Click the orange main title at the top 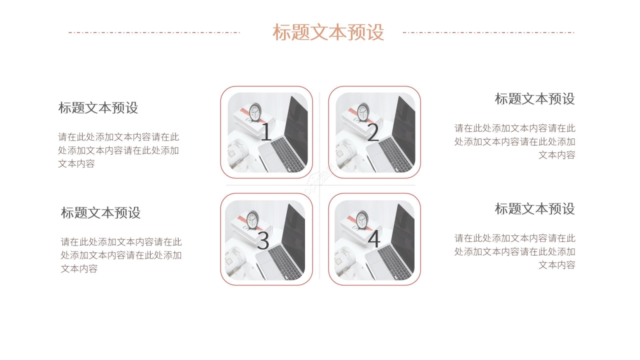pyautogui.click(x=328, y=32)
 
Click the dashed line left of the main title pyautogui.click(x=154, y=32)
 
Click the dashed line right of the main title pyautogui.click(x=488, y=32)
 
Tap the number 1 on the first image pyautogui.click(x=266, y=132)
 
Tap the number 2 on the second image pyautogui.click(x=373, y=132)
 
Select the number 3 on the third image pyautogui.click(x=263, y=240)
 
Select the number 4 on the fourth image pyautogui.click(x=374, y=239)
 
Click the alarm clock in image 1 pyautogui.click(x=255, y=112)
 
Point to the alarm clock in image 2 pyautogui.click(x=363, y=112)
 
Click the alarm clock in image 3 pyautogui.click(x=253, y=219)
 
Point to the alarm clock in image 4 pyautogui.click(x=362, y=219)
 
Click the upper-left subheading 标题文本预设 pyautogui.click(x=98, y=108)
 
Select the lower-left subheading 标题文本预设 pyautogui.click(x=100, y=213)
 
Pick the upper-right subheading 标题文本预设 pyautogui.click(x=534, y=99)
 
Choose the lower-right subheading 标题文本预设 pyautogui.click(x=534, y=209)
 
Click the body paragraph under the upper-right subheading pyautogui.click(x=515, y=141)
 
